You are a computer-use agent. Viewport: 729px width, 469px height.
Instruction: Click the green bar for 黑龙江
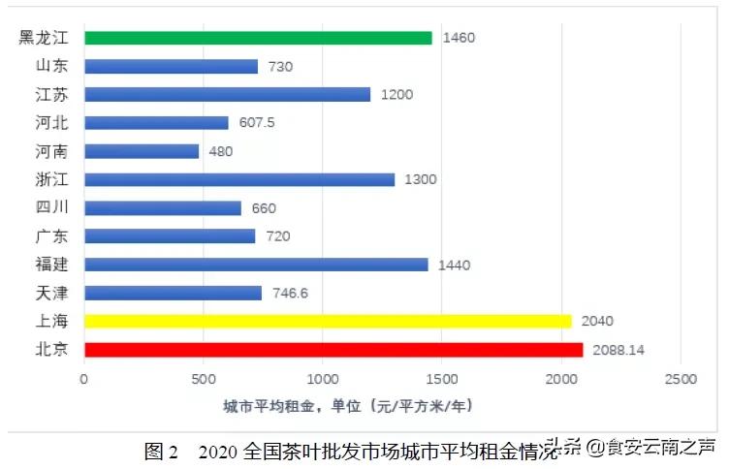click(258, 38)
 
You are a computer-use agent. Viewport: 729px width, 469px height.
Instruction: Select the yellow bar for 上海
click(328, 321)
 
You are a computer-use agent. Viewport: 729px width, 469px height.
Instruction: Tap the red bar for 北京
click(333, 350)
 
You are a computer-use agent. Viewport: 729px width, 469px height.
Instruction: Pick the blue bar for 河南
click(142, 151)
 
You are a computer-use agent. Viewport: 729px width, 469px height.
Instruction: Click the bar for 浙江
click(239, 179)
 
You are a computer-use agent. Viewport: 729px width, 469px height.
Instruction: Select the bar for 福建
click(256, 265)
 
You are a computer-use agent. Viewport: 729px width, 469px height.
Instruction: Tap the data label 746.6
click(289, 293)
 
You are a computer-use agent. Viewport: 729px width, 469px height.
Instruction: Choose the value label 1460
click(459, 38)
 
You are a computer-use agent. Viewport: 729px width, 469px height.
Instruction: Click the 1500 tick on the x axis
click(442, 379)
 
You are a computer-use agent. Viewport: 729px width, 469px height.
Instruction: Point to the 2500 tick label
click(681, 379)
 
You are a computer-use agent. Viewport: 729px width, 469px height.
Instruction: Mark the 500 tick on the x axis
click(204, 379)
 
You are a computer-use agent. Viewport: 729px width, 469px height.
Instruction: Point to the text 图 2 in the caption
click(161, 451)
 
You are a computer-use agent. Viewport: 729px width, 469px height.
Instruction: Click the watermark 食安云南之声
click(658, 447)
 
